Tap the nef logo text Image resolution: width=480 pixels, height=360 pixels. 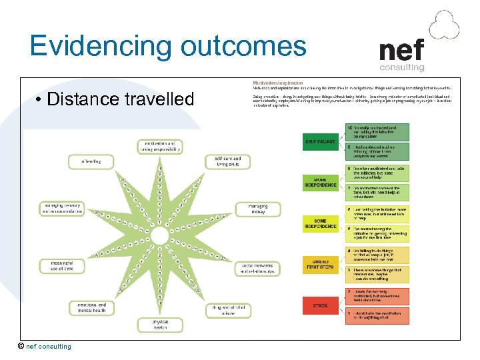point(401,51)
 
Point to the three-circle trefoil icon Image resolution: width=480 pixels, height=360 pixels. point(444,25)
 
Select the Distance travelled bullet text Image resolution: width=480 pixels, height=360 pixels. point(121,99)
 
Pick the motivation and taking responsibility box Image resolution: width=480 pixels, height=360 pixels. point(159,146)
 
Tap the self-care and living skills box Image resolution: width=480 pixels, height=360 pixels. point(227,162)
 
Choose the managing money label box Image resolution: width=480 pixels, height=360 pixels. point(258,209)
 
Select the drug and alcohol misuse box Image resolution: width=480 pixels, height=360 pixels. point(223,309)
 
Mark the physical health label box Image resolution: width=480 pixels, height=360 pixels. point(159,325)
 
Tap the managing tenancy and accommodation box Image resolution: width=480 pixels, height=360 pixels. point(62,209)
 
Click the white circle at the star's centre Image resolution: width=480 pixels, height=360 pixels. point(159,237)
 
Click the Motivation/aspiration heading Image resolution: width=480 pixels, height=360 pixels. point(273,82)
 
